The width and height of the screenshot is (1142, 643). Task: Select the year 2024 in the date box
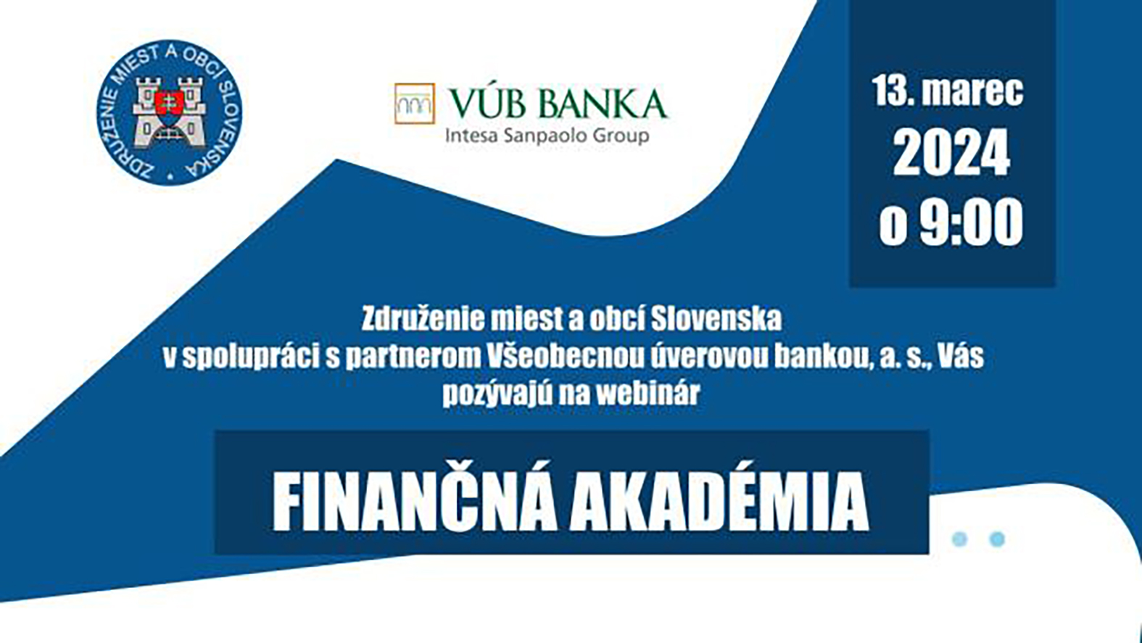click(x=951, y=152)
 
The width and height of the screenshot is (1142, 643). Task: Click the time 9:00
click(x=971, y=222)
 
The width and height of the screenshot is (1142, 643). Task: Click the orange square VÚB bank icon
click(x=415, y=104)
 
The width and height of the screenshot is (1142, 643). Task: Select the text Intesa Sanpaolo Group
click(x=547, y=136)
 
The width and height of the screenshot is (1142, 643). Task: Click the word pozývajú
click(x=497, y=395)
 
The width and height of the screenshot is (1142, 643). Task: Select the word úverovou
click(x=709, y=357)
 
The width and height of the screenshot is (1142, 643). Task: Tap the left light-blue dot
click(x=959, y=539)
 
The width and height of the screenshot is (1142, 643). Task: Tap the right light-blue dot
click(x=997, y=539)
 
